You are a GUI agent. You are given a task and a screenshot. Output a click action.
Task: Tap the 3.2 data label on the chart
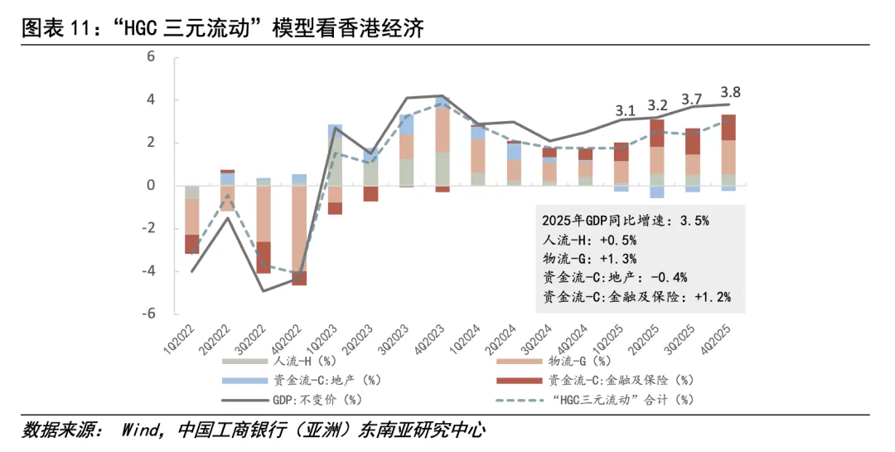point(658,105)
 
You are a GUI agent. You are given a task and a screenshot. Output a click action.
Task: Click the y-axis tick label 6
point(151,57)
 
